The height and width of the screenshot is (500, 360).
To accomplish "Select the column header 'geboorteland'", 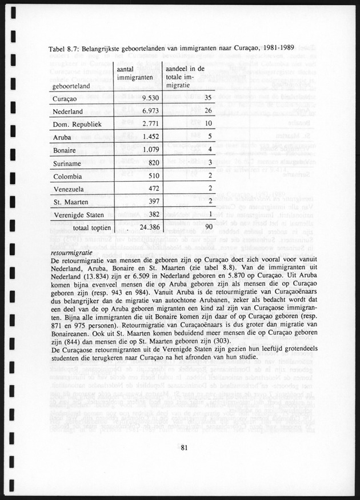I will pos(73,86).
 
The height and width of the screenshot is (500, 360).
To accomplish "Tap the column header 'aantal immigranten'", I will pos(134,73).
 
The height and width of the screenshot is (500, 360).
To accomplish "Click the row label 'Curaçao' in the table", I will pos(65,98).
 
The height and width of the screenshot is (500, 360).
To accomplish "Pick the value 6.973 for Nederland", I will pos(146,111).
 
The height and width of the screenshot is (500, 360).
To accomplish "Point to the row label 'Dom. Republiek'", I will pos(77,123).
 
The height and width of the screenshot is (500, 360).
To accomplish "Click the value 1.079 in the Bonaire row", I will pos(146,150).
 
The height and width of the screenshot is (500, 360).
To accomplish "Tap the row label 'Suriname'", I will pos(67,163).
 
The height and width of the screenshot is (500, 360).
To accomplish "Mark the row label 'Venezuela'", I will pos(69,189).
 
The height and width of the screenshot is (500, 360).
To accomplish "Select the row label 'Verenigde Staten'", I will pos(79,214).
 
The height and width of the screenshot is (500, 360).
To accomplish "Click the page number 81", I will pos(181,447).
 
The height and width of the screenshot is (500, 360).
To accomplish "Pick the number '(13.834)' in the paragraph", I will pos(98,276).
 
